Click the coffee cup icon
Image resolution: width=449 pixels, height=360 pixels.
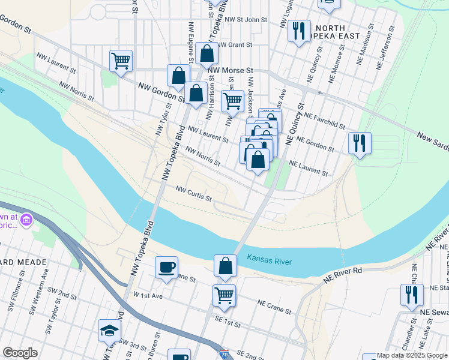(167, 268)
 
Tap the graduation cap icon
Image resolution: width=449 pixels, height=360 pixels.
(110, 331)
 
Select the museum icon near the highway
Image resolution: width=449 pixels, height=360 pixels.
(26, 220)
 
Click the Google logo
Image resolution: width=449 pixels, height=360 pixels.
(20, 353)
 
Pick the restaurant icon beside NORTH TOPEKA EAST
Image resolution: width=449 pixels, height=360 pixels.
(299, 31)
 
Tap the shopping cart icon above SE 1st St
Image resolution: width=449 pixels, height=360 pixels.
(224, 295)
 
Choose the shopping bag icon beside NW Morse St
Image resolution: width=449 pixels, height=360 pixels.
(206, 53)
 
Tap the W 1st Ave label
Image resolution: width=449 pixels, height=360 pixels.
(148, 296)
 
